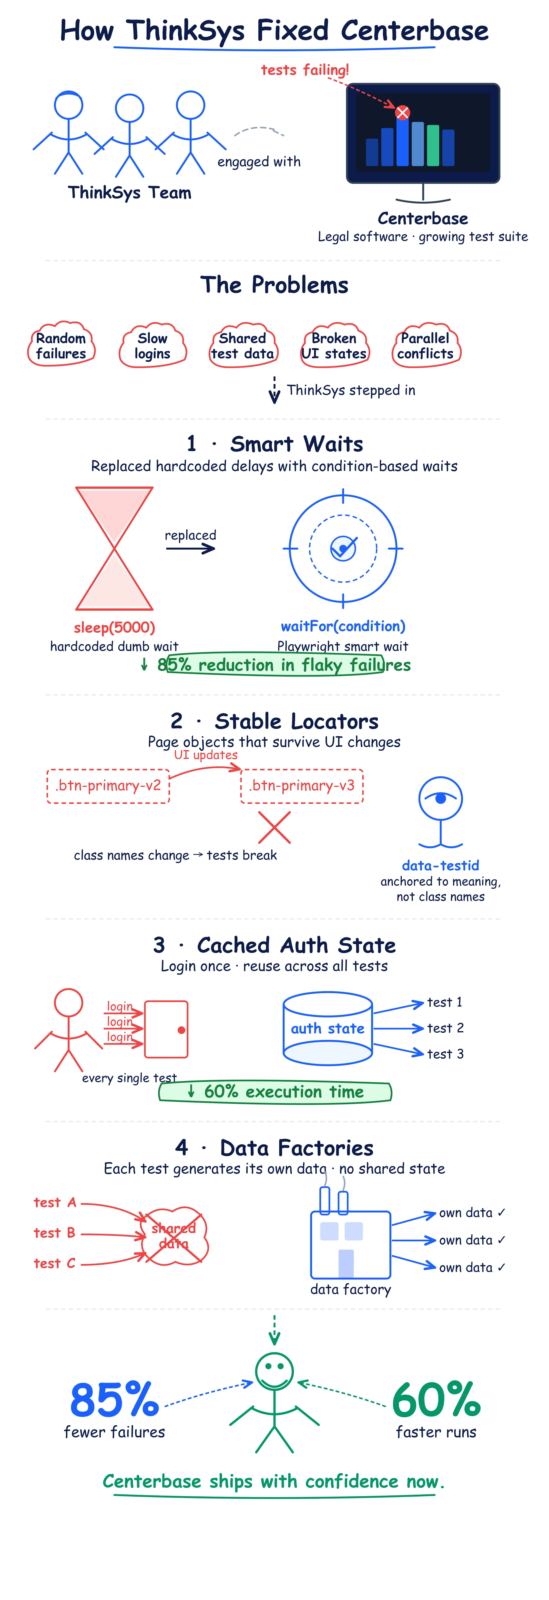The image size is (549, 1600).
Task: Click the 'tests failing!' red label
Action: pyautogui.click(x=305, y=69)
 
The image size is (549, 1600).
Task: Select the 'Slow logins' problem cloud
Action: pyautogui.click(x=152, y=345)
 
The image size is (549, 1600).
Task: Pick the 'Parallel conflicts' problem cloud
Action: pyautogui.click(x=426, y=345)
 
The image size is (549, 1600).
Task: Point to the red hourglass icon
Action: pyautogui.click(x=114, y=548)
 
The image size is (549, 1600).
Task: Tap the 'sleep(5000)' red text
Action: pyautogui.click(x=114, y=627)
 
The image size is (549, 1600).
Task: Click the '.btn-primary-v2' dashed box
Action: pyautogui.click(x=108, y=786)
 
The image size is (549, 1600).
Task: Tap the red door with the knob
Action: pyautogui.click(x=166, y=1029)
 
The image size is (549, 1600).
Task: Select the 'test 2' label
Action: pyautogui.click(x=445, y=1028)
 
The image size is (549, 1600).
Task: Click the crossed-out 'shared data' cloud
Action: pyautogui.click(x=173, y=1236)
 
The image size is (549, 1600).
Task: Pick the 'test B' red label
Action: pyautogui.click(x=55, y=1233)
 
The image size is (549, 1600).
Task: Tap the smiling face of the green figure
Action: pyautogui.click(x=274, y=1372)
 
